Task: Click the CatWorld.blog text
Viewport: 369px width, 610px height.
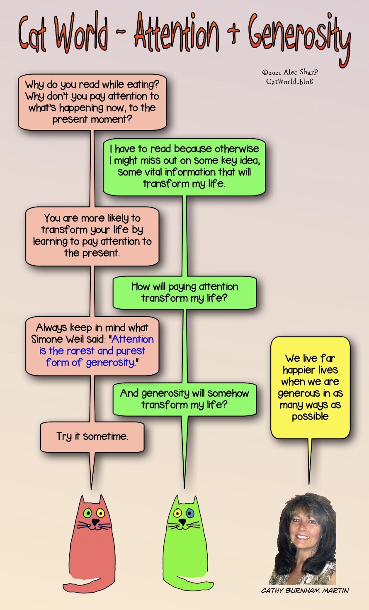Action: [x=289, y=81]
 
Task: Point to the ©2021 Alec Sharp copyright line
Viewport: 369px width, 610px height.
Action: [x=290, y=72]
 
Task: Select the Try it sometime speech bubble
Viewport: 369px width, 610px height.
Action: [x=92, y=437]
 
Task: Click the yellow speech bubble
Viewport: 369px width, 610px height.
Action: [x=310, y=387]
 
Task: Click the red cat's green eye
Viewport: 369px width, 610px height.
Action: [x=87, y=514]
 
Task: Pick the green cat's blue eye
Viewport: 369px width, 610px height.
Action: [x=190, y=514]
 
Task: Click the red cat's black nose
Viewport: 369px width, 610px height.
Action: [x=95, y=522]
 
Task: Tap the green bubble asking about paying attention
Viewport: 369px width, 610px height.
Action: [x=185, y=293]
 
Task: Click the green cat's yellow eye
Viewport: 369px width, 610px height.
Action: [x=177, y=513]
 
